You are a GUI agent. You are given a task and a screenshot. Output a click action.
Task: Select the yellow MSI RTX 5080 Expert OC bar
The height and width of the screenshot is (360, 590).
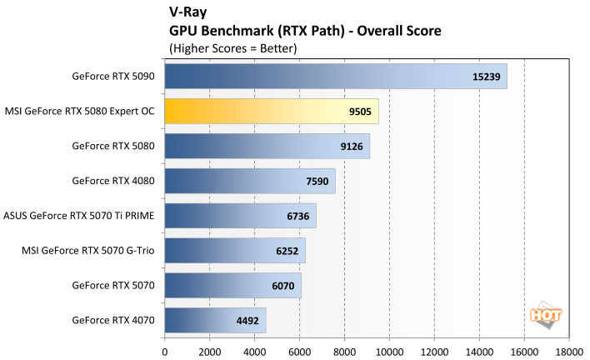click(x=271, y=111)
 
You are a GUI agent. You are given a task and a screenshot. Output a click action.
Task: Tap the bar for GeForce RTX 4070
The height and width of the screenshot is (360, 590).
click(x=215, y=320)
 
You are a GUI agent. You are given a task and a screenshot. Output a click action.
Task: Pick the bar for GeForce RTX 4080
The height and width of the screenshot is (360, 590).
click(x=250, y=181)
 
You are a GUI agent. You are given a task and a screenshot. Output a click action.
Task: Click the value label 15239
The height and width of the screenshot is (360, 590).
click(x=486, y=76)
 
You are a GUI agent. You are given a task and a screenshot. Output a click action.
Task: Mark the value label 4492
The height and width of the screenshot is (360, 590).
click(x=246, y=320)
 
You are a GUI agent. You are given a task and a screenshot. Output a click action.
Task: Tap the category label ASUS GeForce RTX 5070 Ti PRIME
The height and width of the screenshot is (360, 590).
click(x=80, y=215)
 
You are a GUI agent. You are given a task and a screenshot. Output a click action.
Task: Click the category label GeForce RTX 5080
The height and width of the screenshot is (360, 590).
click(x=113, y=146)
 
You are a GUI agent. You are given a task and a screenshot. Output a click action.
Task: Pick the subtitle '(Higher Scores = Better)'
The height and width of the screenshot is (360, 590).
click(x=232, y=47)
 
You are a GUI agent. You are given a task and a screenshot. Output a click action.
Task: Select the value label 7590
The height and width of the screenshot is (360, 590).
click(x=315, y=181)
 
